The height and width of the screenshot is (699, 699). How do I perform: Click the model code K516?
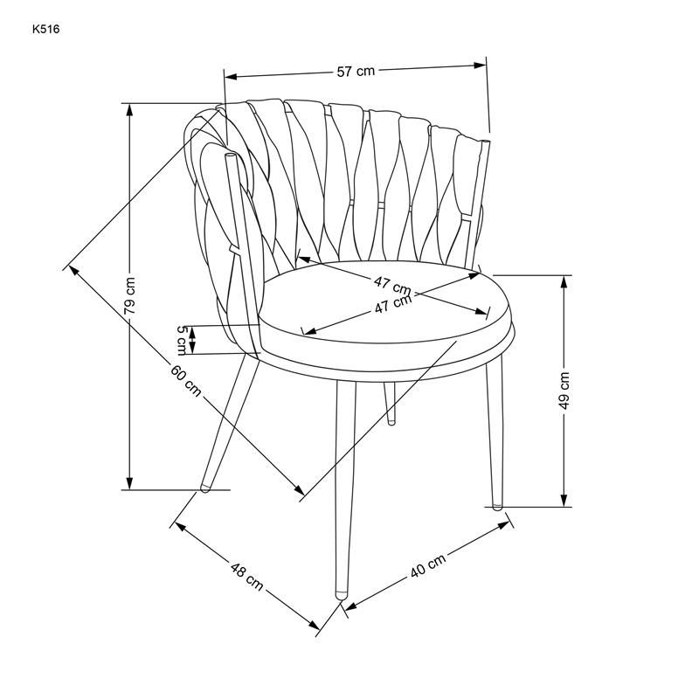click(x=46, y=30)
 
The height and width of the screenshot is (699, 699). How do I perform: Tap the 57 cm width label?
click(x=356, y=71)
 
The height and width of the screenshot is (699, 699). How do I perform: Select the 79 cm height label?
click(x=129, y=295)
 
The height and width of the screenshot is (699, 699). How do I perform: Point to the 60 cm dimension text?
click(x=185, y=381)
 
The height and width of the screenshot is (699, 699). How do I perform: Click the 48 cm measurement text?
click(x=246, y=576)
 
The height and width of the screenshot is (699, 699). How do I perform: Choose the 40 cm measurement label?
click(x=428, y=565)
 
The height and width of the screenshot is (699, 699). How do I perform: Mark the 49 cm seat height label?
click(x=564, y=391)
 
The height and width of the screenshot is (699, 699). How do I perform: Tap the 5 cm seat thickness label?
click(x=182, y=341)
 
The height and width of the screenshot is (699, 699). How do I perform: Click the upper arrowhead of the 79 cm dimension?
click(x=129, y=109)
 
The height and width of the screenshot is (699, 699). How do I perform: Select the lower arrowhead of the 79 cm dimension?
click(x=129, y=484)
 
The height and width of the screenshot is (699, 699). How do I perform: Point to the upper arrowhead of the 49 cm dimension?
click(x=564, y=281)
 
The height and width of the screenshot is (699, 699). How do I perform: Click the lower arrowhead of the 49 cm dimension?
click(x=564, y=501)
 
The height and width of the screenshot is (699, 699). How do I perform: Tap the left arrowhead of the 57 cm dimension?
click(x=230, y=77)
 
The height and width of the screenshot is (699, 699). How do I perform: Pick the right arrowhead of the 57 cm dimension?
click(x=480, y=65)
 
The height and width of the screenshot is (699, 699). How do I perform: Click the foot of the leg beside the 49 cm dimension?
click(x=497, y=507)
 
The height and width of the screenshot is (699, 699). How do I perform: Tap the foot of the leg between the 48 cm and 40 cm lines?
click(x=342, y=595)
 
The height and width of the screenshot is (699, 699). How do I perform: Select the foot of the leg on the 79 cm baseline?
click(x=205, y=488)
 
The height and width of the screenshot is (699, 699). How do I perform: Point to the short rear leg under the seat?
click(x=391, y=403)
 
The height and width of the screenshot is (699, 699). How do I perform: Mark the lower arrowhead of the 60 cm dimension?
click(x=300, y=490)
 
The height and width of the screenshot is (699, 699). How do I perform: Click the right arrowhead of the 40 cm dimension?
click(x=504, y=525)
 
